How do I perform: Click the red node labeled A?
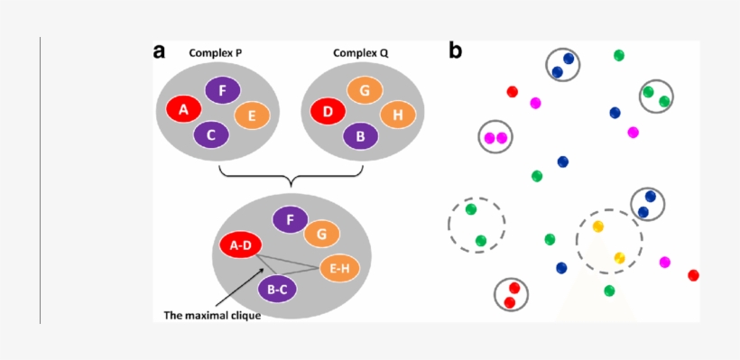tap(184, 110)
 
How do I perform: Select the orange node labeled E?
tap(252, 115)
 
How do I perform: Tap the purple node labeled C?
tap(211, 135)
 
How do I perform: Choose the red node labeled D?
tap(328, 113)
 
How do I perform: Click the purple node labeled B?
tap(361, 136)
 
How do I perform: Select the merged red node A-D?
tap(240, 245)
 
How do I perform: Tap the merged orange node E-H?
tap(339, 268)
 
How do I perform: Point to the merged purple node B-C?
tap(277, 290)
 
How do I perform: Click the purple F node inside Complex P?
tap(222, 90)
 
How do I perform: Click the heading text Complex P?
tap(215, 53)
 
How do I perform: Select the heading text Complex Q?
tap(361, 53)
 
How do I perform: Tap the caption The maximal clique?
tap(212, 316)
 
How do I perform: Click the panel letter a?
tap(160, 51)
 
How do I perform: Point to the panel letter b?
tap(455, 51)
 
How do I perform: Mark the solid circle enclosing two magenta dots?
tap(495, 137)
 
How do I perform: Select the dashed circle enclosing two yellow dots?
tap(609, 241)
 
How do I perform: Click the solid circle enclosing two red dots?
tap(511, 294)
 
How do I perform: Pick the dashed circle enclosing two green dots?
tap(476, 224)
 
